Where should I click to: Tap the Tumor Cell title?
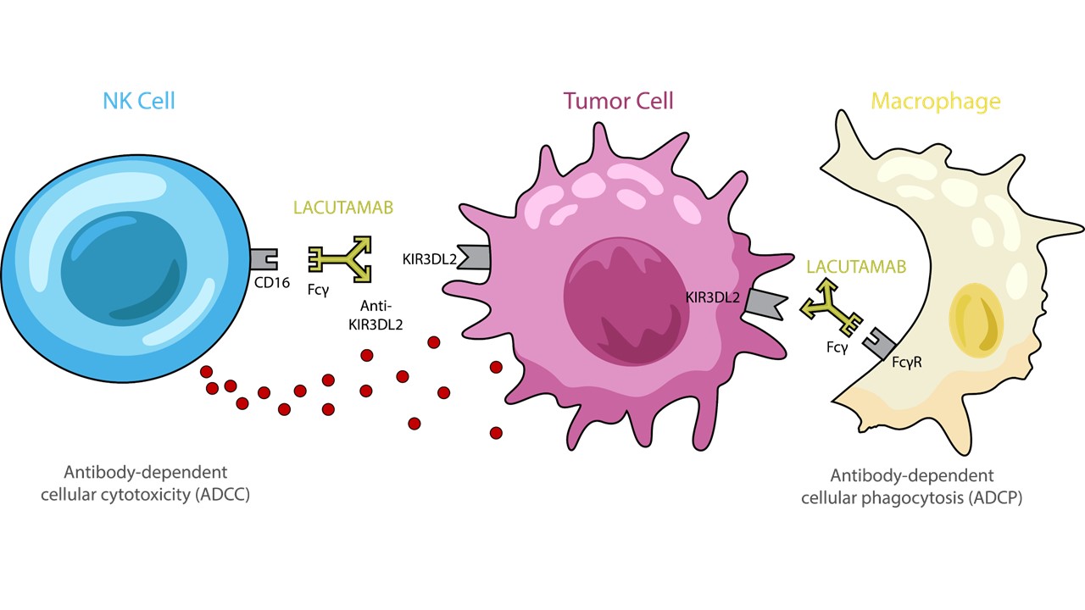618,102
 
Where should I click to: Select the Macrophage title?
936,103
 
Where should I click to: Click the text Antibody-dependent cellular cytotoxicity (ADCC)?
146,483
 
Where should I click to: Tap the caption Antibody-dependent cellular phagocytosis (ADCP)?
911,486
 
